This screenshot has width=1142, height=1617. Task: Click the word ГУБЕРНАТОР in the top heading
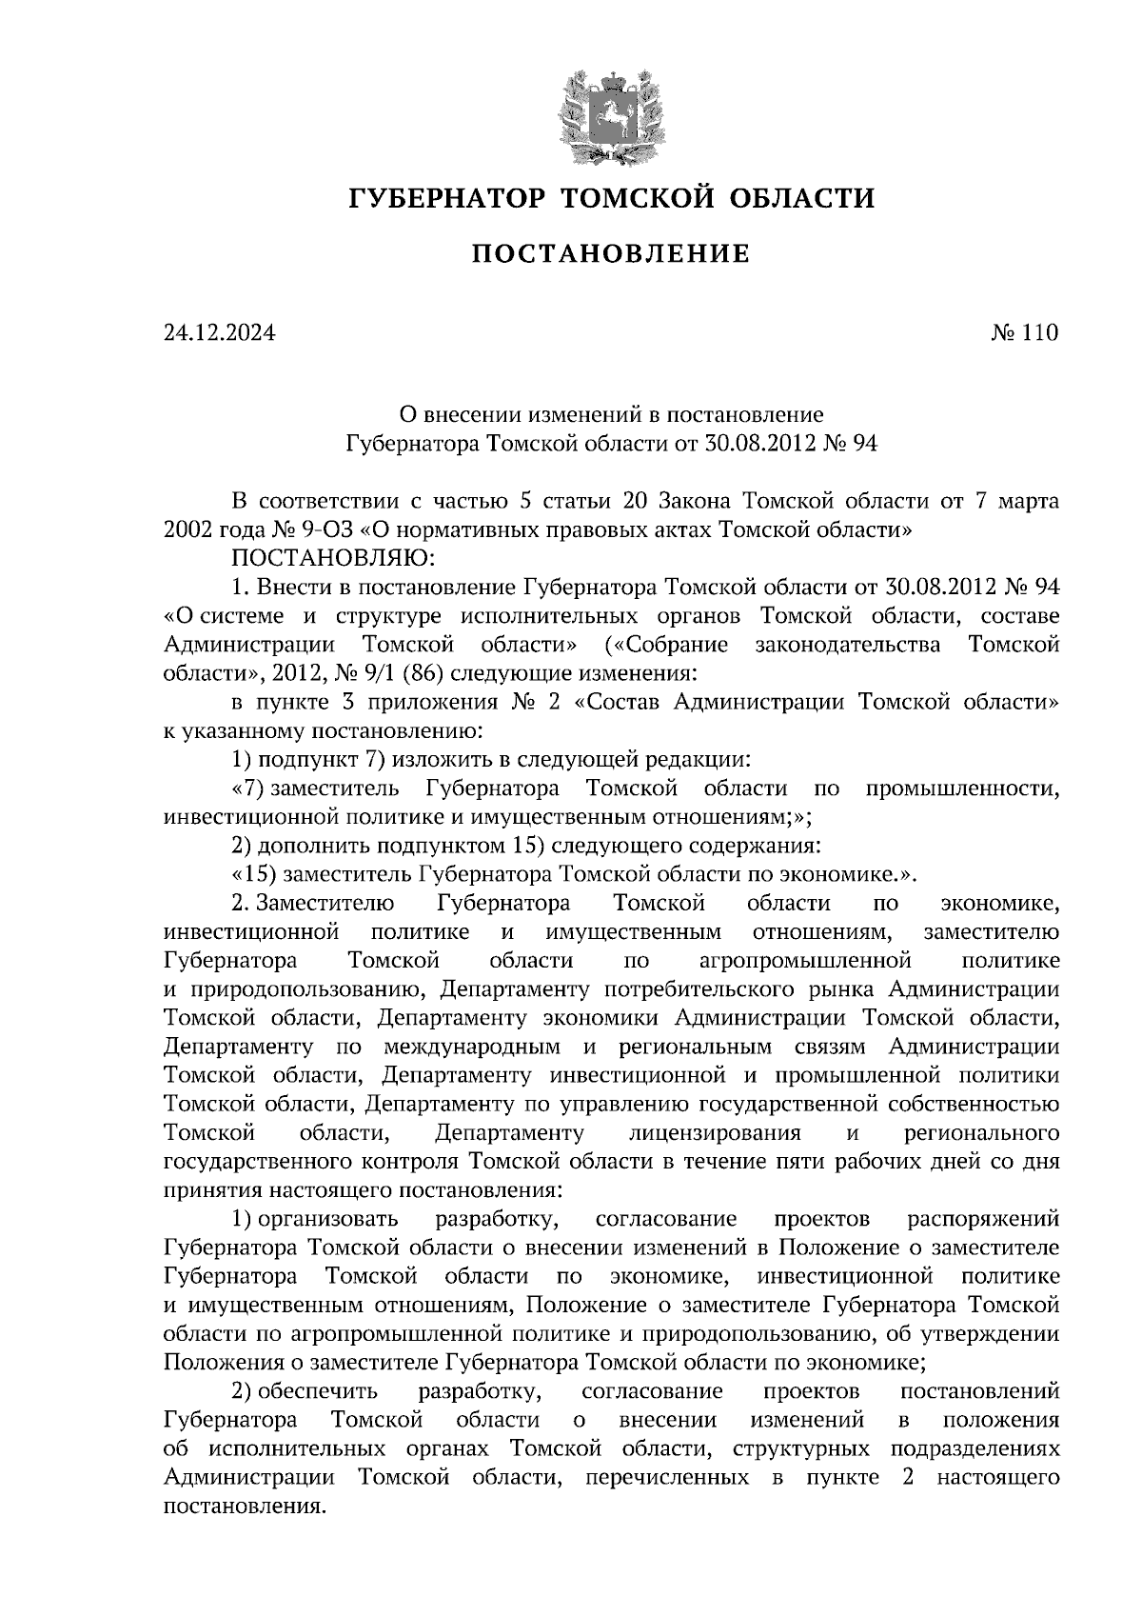point(446,198)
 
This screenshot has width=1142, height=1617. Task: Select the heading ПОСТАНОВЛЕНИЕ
point(612,254)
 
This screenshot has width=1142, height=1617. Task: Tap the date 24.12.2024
point(219,333)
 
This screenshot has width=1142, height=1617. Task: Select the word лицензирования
point(715,1133)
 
